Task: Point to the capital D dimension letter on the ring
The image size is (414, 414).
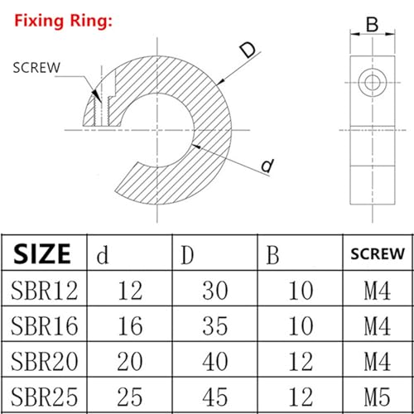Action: coord(248,51)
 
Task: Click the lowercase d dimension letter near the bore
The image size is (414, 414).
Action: coord(267,166)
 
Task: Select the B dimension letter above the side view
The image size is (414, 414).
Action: coord(372,26)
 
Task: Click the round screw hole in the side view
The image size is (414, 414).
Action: coord(372,80)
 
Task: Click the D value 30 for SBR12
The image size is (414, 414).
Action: coord(216,291)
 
